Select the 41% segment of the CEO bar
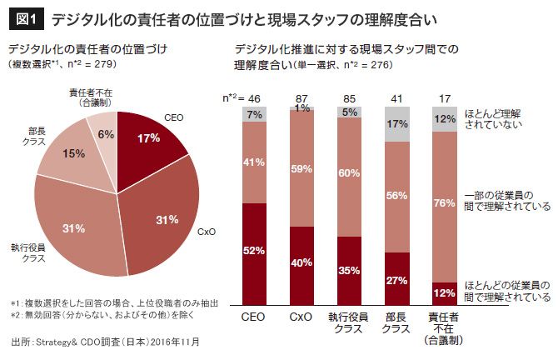pos(254,163)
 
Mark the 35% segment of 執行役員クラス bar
pos(349,270)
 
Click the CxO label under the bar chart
pos(301,318)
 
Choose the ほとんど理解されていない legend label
pos(503,119)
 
